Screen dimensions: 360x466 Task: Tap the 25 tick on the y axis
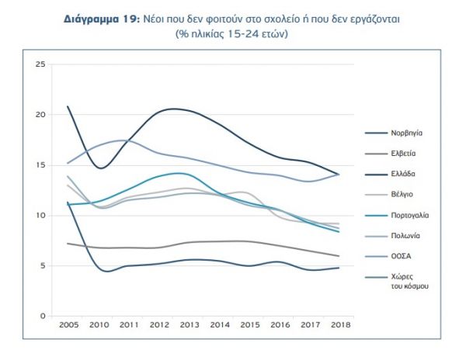click(x=40, y=64)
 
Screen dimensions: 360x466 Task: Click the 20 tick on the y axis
click(x=40, y=114)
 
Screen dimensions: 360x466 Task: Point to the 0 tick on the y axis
click(x=43, y=316)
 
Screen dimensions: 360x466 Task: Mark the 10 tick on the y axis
click(x=40, y=215)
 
